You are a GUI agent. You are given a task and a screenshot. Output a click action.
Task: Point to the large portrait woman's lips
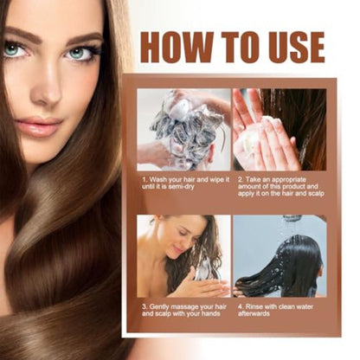(x=38, y=127)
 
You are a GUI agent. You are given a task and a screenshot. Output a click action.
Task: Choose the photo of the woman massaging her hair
(x=183, y=255)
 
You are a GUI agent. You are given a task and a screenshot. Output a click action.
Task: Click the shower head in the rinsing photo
(x=291, y=219)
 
